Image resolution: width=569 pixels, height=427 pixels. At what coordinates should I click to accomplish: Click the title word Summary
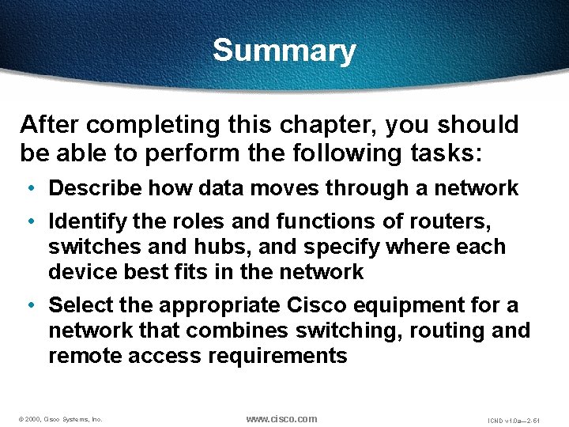click(284, 51)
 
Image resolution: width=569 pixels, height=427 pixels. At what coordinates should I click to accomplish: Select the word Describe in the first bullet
click(95, 188)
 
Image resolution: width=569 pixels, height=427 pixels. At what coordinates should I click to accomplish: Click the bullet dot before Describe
click(29, 188)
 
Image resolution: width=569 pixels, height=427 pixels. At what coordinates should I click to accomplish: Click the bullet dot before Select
click(29, 304)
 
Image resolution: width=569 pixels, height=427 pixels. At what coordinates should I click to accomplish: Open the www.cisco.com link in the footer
click(281, 418)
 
